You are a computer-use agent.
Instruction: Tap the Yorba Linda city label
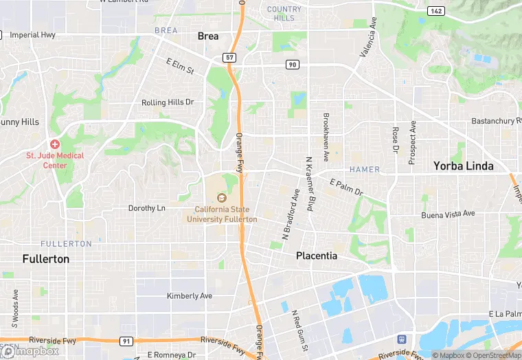(465, 166)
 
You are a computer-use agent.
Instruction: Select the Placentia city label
(317, 256)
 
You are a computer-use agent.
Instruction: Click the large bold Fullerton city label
(46, 259)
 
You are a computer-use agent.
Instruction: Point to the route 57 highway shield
(230, 57)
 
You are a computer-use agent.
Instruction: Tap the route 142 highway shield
(435, 11)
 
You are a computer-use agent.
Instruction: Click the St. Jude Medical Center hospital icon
(54, 144)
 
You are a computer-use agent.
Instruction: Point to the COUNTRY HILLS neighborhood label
(284, 14)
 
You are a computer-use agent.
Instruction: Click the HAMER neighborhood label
(364, 169)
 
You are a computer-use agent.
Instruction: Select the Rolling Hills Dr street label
(168, 102)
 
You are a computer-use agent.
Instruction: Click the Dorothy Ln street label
(147, 208)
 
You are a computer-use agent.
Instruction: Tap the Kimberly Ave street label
(190, 296)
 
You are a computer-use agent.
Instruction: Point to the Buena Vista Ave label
(449, 214)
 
